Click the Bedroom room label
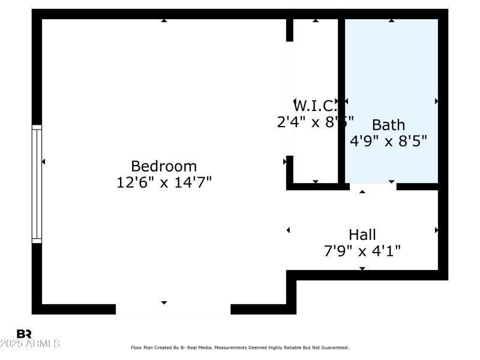(x=164, y=166)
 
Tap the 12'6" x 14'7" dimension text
(x=164, y=182)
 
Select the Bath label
(x=388, y=125)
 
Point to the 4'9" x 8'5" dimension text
(x=388, y=141)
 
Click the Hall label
(x=362, y=234)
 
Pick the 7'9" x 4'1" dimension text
(x=362, y=250)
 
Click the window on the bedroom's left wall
(x=37, y=184)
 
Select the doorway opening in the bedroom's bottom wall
(x=173, y=309)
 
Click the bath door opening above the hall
(x=373, y=187)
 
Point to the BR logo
(x=24, y=334)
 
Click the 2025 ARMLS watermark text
(x=30, y=344)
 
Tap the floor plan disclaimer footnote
(x=239, y=347)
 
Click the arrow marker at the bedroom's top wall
(x=164, y=20)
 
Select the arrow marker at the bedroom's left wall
(x=43, y=161)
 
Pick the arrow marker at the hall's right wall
(x=436, y=230)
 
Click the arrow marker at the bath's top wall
(x=391, y=20)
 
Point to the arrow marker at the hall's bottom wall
(x=362, y=268)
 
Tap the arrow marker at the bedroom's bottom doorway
(x=164, y=302)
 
